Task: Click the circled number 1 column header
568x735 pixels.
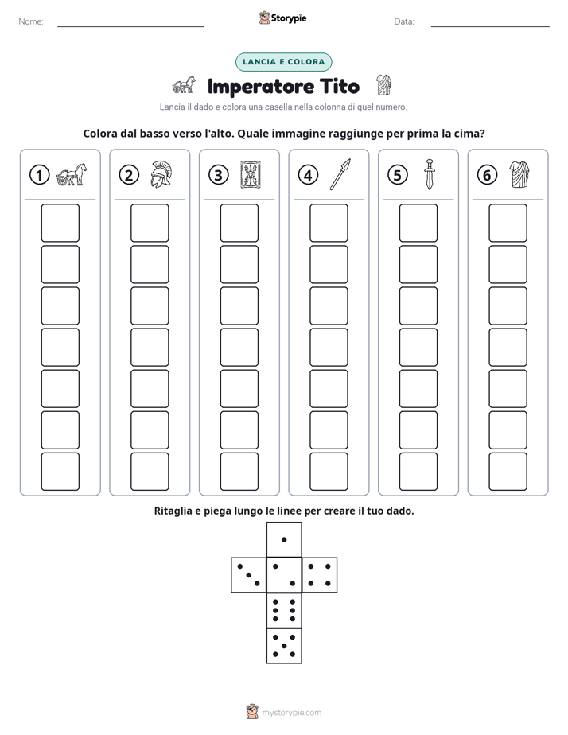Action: [39, 175]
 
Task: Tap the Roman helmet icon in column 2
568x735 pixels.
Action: [161, 174]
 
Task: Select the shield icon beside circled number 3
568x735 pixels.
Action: [251, 175]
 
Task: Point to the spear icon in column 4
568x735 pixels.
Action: [340, 174]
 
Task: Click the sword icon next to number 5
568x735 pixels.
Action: [430, 174]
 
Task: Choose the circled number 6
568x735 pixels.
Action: [487, 175]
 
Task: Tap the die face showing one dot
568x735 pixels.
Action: [284, 539]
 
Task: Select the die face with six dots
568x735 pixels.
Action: [284, 610]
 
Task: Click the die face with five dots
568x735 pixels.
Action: [284, 646]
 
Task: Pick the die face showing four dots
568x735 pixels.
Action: [320, 575]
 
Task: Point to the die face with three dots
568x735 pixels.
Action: [249, 575]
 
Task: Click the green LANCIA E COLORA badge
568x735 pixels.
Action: [283, 62]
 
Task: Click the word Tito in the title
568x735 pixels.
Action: [340, 86]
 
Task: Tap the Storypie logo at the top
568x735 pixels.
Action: [282, 17]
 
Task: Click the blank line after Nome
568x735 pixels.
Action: [130, 26]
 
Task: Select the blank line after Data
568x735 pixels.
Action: [490, 26]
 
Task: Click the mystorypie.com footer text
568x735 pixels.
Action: [291, 713]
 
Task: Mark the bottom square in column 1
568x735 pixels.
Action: [60, 472]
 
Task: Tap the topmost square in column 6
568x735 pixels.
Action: [508, 223]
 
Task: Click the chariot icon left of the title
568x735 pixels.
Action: [184, 85]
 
